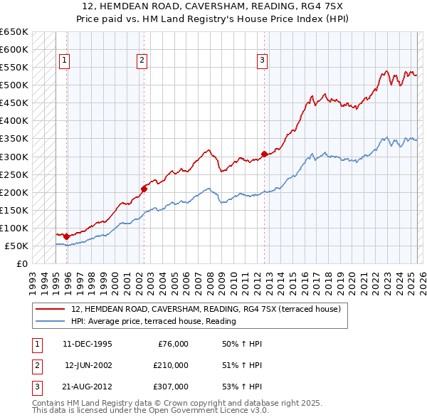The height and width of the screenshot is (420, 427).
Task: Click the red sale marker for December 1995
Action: [66, 236]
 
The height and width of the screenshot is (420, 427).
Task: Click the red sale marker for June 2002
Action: [144, 189]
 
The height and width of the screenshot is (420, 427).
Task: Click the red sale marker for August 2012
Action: [264, 154]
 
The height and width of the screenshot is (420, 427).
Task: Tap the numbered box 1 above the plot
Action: [64, 61]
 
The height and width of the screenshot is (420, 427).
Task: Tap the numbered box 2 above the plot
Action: [142, 61]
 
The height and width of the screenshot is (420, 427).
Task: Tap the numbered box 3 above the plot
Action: [262, 61]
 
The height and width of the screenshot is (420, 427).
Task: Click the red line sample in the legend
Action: [50, 309]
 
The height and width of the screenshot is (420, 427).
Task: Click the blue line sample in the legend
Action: [50, 321]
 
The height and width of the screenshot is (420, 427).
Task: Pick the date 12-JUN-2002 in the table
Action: [88, 365]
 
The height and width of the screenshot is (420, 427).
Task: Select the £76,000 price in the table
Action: [172, 344]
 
